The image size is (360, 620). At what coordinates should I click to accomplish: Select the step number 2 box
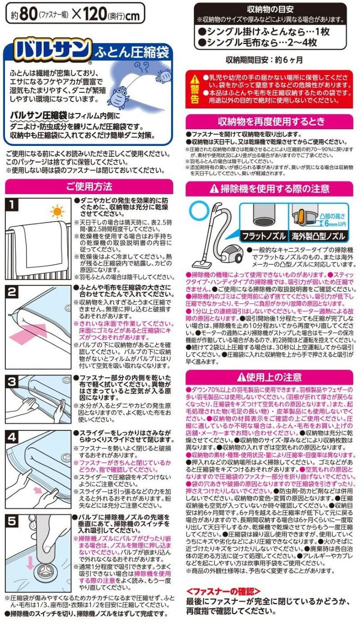pyautogui.click(x=13, y=292)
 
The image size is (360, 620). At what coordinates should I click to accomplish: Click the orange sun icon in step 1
pyautogui.click(x=57, y=211)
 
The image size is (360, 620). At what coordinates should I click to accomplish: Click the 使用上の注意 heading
pyautogui.click(x=270, y=376)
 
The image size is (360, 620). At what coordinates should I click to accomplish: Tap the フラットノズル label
pyautogui.click(x=263, y=236)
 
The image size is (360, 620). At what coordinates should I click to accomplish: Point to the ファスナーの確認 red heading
pyautogui.click(x=223, y=590)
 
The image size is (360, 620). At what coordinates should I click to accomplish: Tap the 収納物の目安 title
pyautogui.click(x=270, y=9)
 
